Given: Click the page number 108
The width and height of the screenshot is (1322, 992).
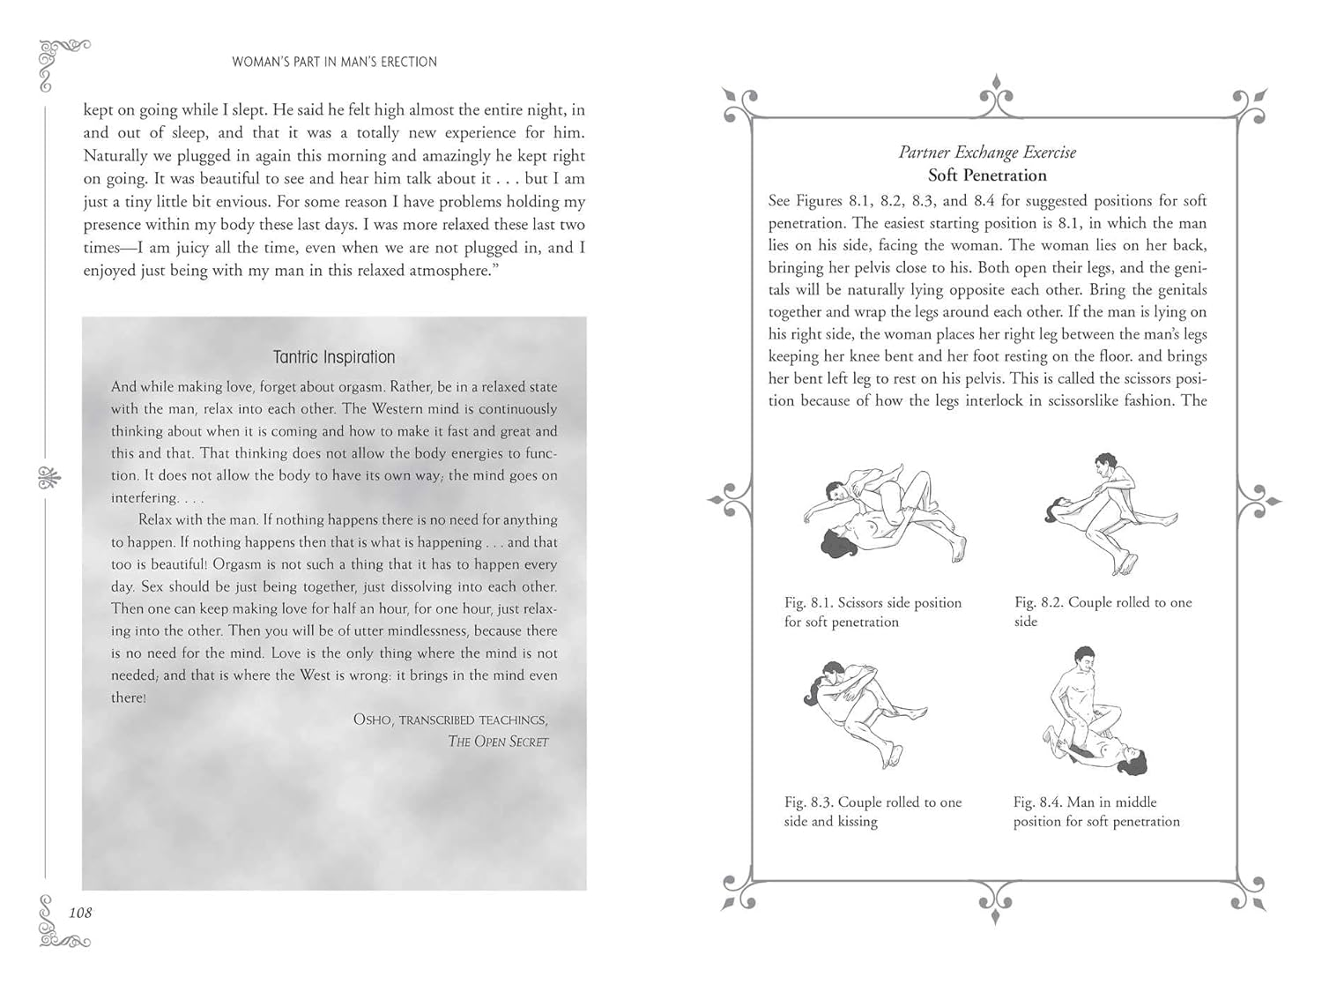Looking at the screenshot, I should [80, 913].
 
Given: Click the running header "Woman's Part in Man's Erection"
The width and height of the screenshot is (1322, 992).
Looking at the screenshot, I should [334, 62].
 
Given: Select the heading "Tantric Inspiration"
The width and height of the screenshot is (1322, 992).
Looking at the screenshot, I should [334, 357].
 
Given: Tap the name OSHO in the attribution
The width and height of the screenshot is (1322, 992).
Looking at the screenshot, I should [373, 720].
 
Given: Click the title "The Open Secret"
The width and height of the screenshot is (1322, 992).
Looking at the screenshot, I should [498, 742].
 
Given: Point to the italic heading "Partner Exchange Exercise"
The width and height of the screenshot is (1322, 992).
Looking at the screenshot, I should [987, 153].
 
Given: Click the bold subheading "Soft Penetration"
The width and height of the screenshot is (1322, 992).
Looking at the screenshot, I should [987, 175].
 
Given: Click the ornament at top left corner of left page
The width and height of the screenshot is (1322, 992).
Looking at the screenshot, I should [62, 62].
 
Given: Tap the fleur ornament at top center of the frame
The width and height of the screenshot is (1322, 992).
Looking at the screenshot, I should [995, 95].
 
